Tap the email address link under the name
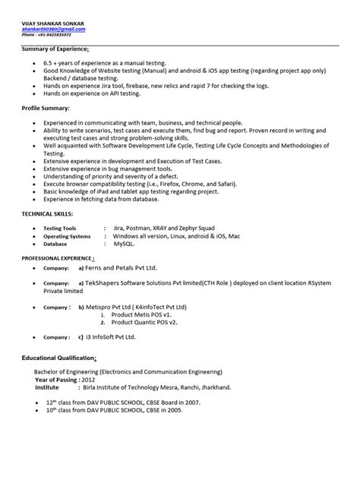pyautogui.click(x=53, y=29)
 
